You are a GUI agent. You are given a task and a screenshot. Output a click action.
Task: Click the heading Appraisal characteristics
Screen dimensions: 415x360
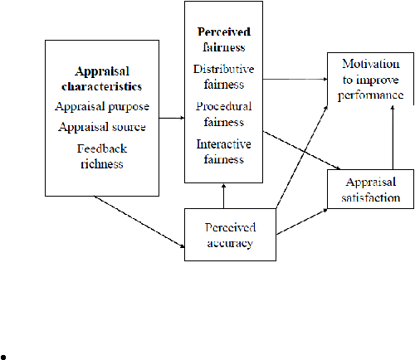(x=102, y=79)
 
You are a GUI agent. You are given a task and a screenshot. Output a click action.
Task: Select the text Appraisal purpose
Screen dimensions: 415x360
(x=102, y=107)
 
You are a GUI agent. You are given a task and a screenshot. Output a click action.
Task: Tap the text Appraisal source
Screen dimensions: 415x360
(x=102, y=127)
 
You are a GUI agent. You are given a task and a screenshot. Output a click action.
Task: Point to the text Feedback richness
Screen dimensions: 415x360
(x=102, y=156)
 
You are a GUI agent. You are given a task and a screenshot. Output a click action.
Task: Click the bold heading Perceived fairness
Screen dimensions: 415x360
(x=224, y=40)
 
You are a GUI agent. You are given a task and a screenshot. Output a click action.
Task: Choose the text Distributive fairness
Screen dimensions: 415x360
(x=223, y=76)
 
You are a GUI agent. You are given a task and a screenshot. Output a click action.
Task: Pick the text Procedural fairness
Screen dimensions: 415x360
(x=224, y=114)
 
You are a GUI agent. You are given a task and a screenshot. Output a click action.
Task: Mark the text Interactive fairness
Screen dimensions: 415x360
(x=224, y=152)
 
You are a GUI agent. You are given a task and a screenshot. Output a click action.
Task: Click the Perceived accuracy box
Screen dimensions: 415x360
(x=230, y=235)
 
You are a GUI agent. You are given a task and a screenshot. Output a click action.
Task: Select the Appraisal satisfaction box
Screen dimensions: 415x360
(x=370, y=189)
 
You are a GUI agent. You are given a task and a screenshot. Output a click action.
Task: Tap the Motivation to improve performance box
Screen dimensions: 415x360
(x=370, y=79)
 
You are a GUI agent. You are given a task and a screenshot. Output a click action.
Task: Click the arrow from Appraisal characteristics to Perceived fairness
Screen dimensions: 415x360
(x=172, y=118)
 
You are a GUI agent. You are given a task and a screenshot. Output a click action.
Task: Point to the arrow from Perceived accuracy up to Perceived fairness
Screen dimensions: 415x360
(x=223, y=196)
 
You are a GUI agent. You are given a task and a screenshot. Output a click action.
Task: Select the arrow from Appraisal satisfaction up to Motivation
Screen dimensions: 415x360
(x=393, y=138)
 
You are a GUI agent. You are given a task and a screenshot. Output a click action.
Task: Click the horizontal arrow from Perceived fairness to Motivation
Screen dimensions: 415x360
(x=295, y=80)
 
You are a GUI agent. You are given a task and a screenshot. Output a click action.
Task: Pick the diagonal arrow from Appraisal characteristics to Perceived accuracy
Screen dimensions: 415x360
(x=139, y=221)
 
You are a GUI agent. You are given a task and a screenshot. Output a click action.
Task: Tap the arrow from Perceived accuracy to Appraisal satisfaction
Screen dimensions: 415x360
(x=302, y=221)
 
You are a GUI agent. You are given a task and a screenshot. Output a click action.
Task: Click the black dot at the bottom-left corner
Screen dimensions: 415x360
(x=3, y=358)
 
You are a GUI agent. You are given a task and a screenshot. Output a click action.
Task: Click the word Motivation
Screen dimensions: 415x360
(x=371, y=64)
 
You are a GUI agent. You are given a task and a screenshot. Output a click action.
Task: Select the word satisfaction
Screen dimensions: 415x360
(x=371, y=197)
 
